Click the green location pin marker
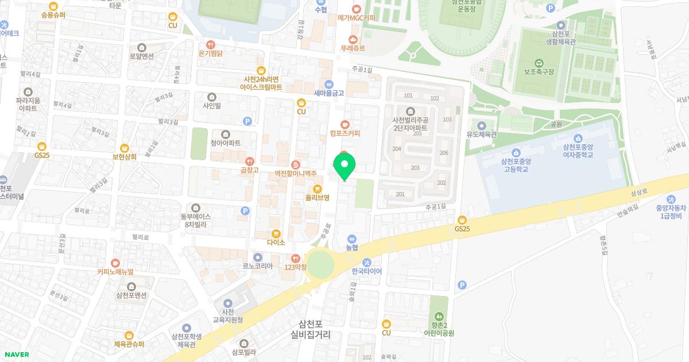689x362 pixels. coord(344,167)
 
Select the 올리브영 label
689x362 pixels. coord(318,198)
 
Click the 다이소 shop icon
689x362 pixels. coord(276,234)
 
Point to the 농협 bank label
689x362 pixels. coord(352,248)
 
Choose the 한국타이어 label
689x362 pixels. coord(366,271)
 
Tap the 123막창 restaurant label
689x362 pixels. coord(296,267)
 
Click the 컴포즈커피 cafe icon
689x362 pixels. coord(344,124)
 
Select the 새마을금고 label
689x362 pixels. coord(328,93)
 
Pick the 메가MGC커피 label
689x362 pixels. coord(356,18)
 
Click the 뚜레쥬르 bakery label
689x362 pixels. coord(353,49)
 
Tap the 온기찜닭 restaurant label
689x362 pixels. coord(210,53)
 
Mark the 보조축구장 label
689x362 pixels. coord(539,72)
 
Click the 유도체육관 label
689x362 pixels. coord(481,135)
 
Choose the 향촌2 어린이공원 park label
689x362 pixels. coord(439,329)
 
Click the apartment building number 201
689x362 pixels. coord(400,194)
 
